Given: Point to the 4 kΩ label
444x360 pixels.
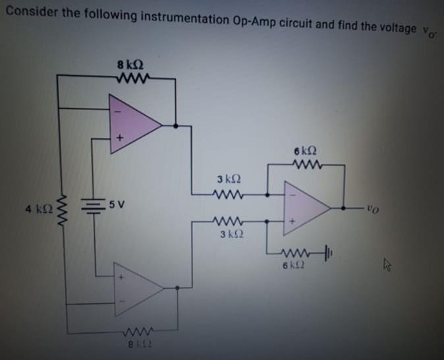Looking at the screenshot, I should pyautogui.click(x=36, y=209).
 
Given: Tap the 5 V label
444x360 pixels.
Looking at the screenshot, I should pyautogui.click(x=117, y=203).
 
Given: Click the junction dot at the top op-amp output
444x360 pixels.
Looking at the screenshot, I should pyautogui.click(x=175, y=124).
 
